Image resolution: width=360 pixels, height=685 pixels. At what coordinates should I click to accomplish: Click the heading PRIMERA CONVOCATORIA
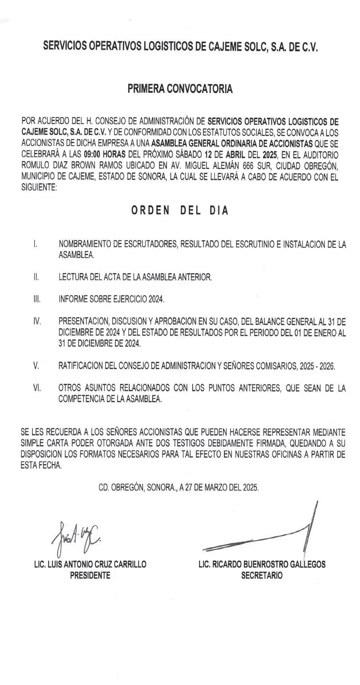180,89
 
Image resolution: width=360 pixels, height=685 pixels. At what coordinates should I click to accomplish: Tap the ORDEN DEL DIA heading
180,211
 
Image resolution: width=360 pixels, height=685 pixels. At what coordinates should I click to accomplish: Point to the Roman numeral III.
37,299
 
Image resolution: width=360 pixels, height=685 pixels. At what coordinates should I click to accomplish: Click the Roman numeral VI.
37,388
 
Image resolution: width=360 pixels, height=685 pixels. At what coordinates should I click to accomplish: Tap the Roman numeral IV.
37,322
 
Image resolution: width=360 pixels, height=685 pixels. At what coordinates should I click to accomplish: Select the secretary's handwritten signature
267,535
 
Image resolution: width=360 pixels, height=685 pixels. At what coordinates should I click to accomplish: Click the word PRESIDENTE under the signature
90,576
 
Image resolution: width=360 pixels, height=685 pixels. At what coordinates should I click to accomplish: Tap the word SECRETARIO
262,576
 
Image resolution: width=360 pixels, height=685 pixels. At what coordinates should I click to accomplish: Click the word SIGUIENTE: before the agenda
39,188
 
